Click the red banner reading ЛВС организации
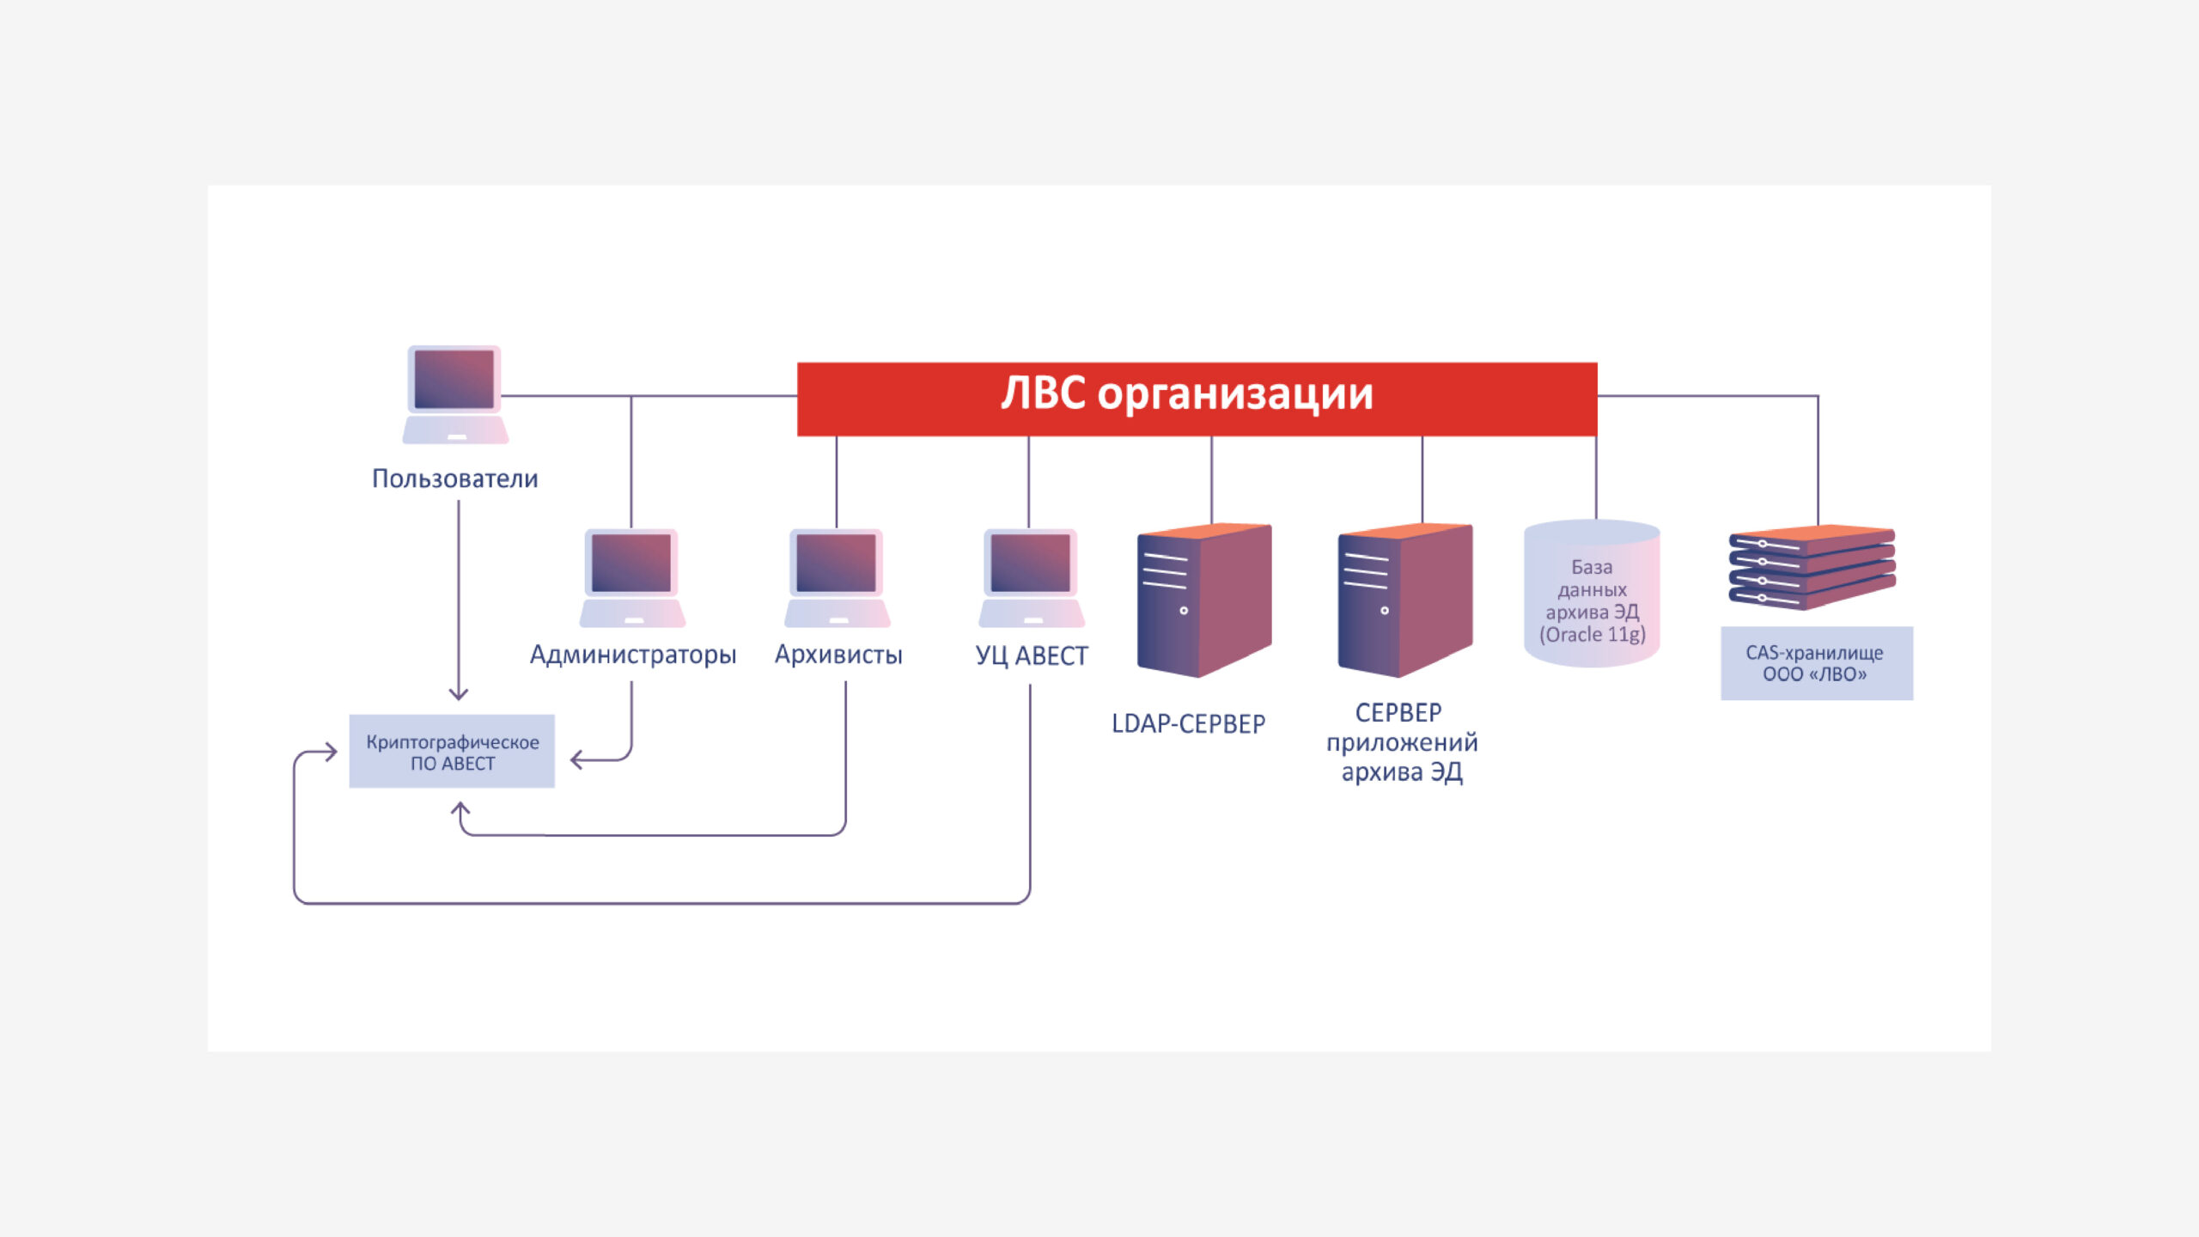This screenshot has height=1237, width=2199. [x=1197, y=399]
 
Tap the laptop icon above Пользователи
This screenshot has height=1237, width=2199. [x=455, y=395]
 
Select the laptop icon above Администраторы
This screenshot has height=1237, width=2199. [x=632, y=578]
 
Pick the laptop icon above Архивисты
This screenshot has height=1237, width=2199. [x=837, y=578]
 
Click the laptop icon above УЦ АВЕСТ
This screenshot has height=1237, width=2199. [x=1031, y=578]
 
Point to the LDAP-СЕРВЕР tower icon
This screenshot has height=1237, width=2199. [x=1204, y=600]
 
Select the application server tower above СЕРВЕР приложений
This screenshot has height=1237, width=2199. [x=1405, y=600]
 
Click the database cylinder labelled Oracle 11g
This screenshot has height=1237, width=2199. [x=1592, y=594]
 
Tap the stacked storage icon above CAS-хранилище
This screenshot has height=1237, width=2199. [x=1812, y=568]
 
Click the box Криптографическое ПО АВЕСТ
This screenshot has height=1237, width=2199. [x=452, y=752]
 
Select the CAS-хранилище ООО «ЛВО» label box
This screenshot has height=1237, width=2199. [x=1817, y=663]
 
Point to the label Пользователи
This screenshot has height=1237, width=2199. [x=455, y=478]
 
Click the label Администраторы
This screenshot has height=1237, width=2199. [x=633, y=655]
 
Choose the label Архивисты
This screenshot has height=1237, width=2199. [x=838, y=655]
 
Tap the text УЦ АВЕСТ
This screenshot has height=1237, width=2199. [x=1032, y=656]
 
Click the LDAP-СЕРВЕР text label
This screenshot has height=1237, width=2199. [x=1188, y=724]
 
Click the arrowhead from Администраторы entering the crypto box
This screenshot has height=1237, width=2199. [x=577, y=759]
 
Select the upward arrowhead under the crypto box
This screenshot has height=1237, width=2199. [x=460, y=809]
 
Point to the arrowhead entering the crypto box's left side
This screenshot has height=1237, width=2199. [x=331, y=753]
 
